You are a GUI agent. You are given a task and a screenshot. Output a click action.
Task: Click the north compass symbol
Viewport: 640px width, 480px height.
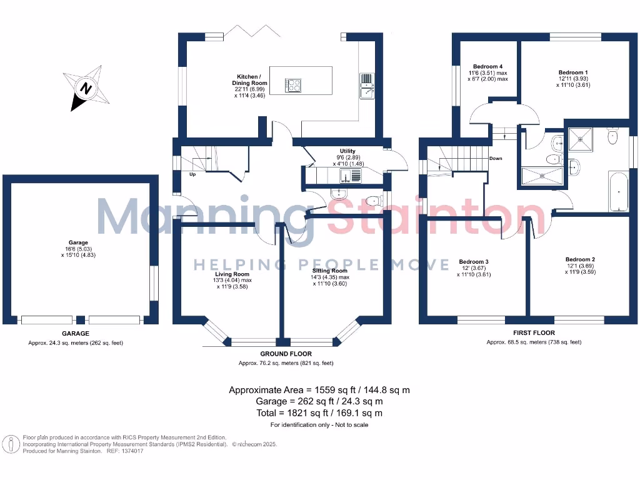[x=86, y=88]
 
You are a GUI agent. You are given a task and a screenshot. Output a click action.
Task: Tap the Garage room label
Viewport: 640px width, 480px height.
[x=78, y=242]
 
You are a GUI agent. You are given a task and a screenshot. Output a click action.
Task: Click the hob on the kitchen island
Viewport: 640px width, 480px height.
[x=293, y=84]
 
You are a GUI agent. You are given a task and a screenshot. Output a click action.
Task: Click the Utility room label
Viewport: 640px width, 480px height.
[x=347, y=151]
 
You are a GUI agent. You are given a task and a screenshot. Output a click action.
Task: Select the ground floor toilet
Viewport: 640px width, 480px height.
[x=373, y=201]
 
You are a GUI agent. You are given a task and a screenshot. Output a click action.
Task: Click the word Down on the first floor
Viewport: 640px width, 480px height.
[x=496, y=158]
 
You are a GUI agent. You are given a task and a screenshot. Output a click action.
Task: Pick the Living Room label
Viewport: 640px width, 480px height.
[x=232, y=274]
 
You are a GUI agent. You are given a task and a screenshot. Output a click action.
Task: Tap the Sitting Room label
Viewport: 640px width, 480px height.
[x=329, y=271]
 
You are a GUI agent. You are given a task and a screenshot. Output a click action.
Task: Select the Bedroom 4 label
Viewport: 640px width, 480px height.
[x=487, y=66]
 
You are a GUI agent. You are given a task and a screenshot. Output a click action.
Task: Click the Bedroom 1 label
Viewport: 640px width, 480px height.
[x=573, y=72]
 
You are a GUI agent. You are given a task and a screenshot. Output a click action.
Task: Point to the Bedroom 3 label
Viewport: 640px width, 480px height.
[x=473, y=261]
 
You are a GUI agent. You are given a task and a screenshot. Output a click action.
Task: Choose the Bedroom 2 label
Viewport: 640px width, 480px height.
[x=580, y=259]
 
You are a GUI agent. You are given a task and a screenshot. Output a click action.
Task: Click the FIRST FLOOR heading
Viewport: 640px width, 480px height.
[x=534, y=333]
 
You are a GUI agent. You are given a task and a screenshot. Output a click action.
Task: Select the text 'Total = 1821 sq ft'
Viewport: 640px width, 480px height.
[x=319, y=413]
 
